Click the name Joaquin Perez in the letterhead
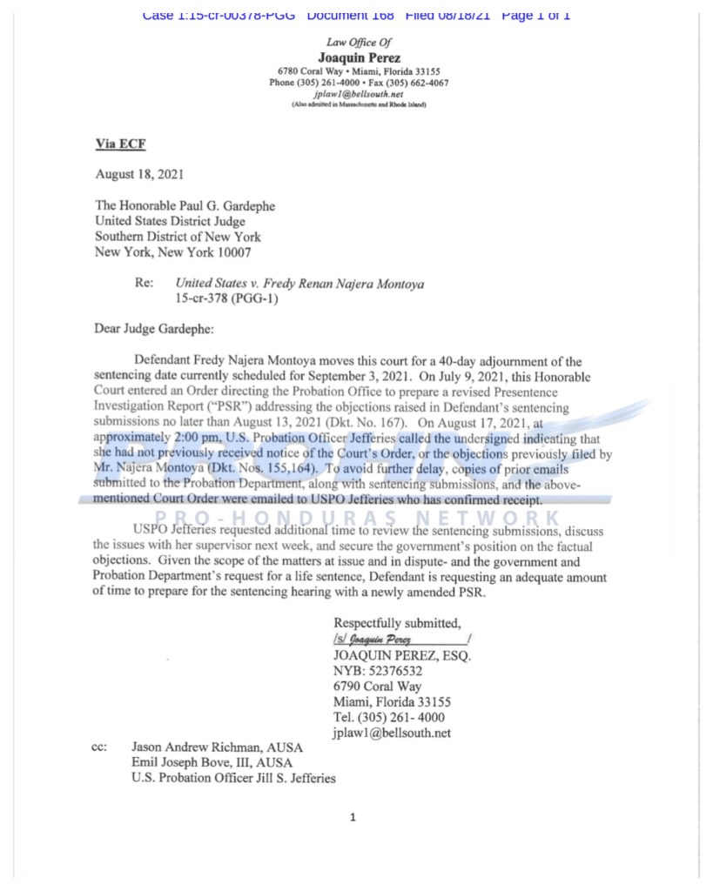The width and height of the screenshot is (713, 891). pos(359,58)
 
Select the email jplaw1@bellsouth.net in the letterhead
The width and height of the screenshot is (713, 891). pos(359,94)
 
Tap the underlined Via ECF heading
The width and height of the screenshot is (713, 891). pos(120,144)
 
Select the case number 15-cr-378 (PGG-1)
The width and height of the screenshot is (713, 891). pos(223,298)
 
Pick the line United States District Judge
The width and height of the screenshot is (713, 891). pos(170,221)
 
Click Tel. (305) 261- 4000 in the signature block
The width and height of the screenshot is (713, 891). pos(389,718)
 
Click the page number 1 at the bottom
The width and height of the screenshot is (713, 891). pos(353,817)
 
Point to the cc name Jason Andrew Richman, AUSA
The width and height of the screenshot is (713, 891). pos(212,747)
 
